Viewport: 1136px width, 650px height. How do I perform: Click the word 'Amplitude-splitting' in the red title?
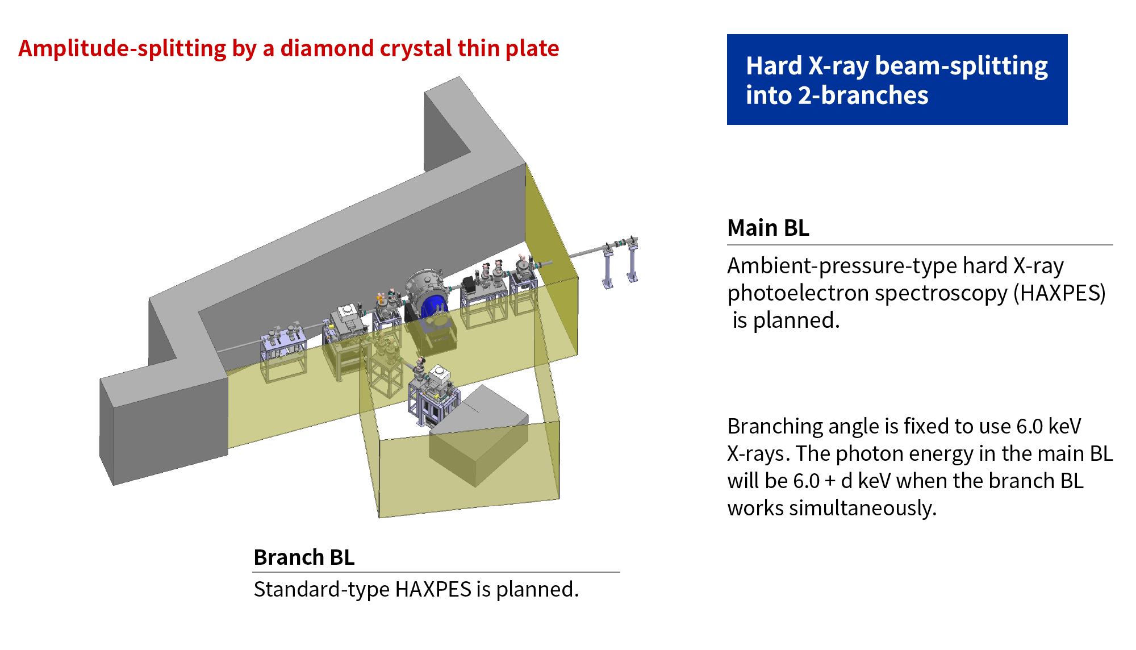pyautogui.click(x=122, y=49)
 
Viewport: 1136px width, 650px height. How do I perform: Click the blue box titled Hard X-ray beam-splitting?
pyautogui.click(x=897, y=80)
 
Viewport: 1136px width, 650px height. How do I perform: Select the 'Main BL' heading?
pyautogui.click(x=768, y=228)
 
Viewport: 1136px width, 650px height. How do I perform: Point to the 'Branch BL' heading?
pyautogui.click(x=304, y=557)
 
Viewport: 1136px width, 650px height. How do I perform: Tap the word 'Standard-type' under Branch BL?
pyautogui.click(x=321, y=589)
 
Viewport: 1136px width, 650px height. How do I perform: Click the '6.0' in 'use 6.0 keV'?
pyautogui.click(x=1029, y=426)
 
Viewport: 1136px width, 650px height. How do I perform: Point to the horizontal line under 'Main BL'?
pyautogui.click(x=920, y=245)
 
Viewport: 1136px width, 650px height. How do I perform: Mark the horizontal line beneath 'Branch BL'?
pyautogui.click(x=436, y=572)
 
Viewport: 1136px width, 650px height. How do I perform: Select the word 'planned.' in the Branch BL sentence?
pyautogui.click(x=537, y=590)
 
